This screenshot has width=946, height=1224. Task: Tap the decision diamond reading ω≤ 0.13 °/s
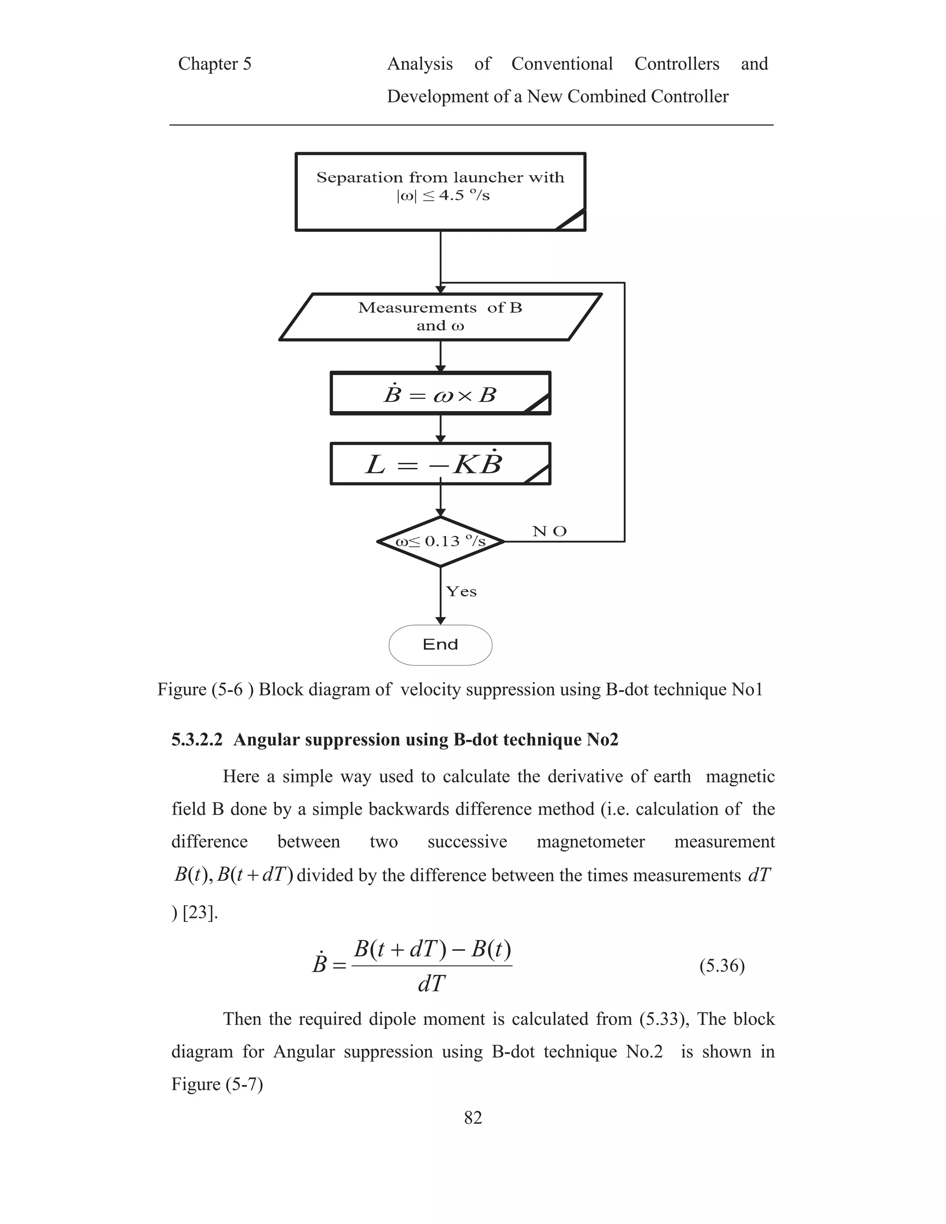click(x=441, y=541)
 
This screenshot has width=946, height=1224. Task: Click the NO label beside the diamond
click(x=549, y=531)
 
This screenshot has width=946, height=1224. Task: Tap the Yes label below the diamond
click(x=461, y=592)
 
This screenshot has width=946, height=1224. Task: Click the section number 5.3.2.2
click(x=197, y=740)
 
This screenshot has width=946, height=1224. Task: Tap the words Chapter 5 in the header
click(x=215, y=64)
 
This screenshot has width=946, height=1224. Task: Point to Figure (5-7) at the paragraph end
click(x=217, y=1084)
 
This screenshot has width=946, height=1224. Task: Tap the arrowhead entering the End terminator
click(x=441, y=620)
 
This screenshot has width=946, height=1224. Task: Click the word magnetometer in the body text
click(x=591, y=842)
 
